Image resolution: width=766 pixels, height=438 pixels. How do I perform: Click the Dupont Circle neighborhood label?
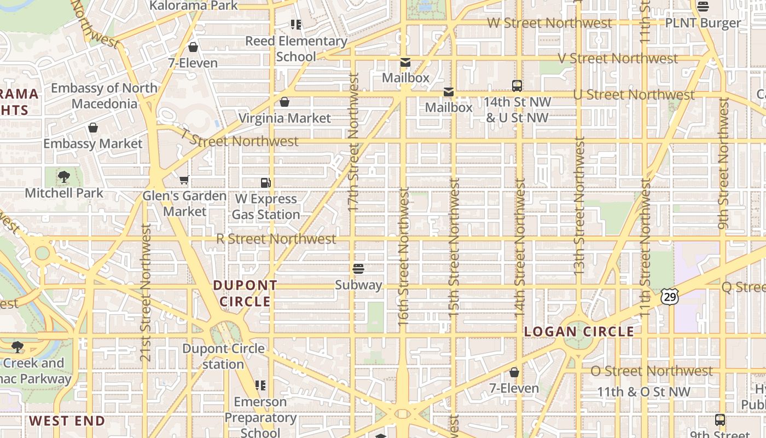(245, 293)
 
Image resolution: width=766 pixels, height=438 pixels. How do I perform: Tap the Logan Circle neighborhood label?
(579, 332)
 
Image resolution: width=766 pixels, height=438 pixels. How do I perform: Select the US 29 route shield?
(670, 297)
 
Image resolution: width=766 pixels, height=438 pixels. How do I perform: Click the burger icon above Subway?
(358, 269)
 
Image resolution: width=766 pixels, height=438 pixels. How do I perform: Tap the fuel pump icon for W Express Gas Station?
(266, 182)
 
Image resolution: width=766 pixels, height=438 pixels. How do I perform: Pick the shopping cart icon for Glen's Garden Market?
(184, 180)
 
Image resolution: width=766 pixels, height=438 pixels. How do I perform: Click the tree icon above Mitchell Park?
(64, 177)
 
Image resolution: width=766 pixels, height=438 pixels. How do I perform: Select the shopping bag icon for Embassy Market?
(93, 128)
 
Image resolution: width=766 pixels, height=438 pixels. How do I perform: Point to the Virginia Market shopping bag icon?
(285, 102)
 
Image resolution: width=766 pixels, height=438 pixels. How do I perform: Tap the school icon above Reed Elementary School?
(296, 25)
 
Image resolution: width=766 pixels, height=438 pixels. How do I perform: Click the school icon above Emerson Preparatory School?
(260, 385)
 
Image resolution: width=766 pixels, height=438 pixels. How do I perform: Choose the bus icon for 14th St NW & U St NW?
(517, 85)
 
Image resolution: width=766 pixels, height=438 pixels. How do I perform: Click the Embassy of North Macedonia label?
(104, 96)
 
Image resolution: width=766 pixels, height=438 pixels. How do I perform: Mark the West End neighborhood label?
(67, 421)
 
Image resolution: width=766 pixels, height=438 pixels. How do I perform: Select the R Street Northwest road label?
(276, 239)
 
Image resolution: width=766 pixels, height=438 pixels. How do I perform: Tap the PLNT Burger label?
(703, 23)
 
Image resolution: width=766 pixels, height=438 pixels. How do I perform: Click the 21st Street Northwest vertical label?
(146, 292)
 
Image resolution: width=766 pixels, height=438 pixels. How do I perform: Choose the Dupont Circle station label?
(223, 356)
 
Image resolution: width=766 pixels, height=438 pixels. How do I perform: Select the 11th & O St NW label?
(643, 392)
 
